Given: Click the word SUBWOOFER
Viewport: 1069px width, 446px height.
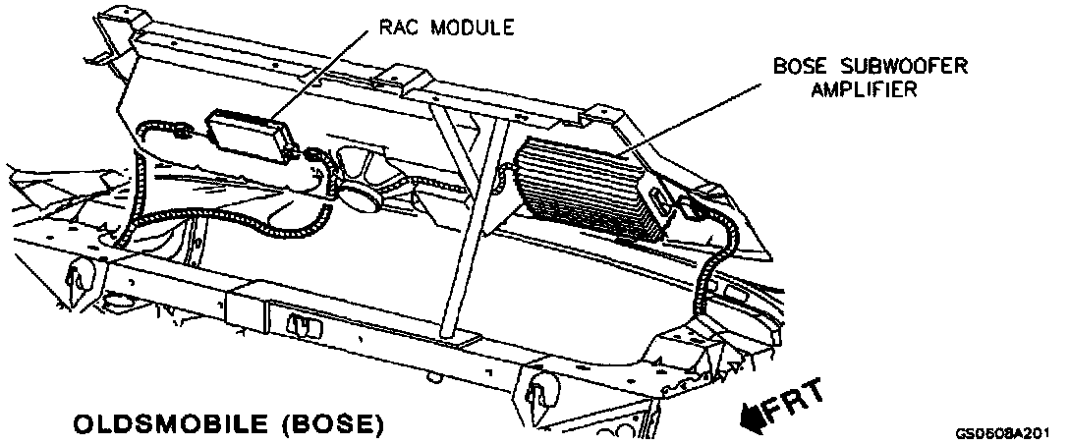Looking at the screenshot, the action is [903, 67].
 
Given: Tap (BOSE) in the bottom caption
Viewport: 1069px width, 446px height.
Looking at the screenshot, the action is [330, 426].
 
